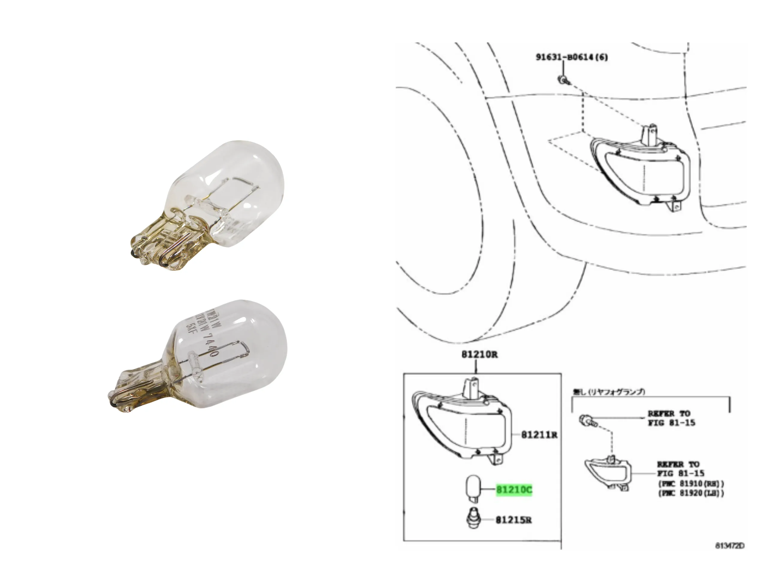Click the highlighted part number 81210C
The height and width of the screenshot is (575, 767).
[514, 490]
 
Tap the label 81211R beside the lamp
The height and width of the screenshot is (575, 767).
[539, 435]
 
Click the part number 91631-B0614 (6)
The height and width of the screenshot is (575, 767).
[572, 57]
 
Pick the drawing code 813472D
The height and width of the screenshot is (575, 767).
[730, 546]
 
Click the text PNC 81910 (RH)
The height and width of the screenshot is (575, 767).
[691, 483]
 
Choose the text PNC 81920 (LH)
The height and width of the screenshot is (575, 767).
[691, 493]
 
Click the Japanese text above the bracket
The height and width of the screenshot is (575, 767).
[609, 392]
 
